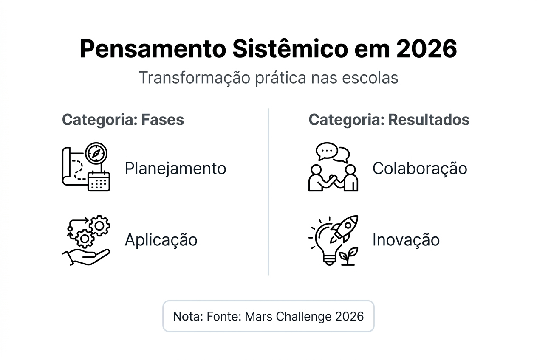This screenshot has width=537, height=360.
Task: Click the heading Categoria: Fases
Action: pos(123,120)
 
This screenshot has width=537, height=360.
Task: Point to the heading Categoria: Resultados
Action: pos(389,120)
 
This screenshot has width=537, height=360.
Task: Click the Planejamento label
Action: pos(175,169)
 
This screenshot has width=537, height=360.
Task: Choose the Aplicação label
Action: pos(161,240)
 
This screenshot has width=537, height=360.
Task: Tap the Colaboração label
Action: pos(419,169)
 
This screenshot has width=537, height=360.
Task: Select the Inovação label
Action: pos(406,240)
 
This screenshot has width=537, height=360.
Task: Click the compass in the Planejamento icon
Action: pos(96,153)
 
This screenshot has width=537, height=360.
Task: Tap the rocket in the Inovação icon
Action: pos(345,227)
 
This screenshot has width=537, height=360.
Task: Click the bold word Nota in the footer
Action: pos(188,316)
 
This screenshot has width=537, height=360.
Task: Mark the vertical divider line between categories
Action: pos(268,191)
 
